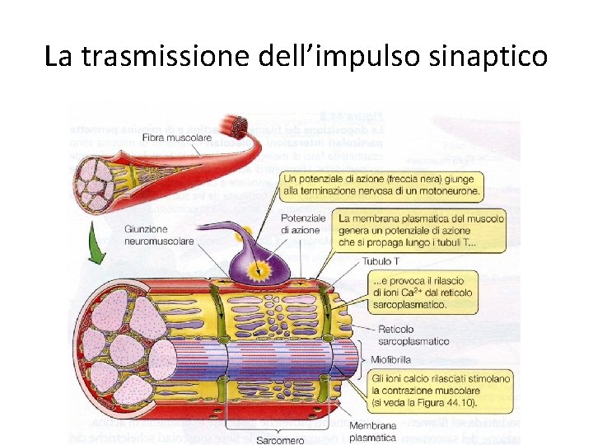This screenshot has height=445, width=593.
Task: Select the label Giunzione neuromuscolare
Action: pyautogui.click(x=159, y=235)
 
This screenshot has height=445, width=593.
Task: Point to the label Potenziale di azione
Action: pyautogui.click(x=303, y=224)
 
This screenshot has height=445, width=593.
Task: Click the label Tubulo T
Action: pyautogui.click(x=380, y=262)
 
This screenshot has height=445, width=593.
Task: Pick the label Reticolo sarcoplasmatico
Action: pyautogui.click(x=413, y=335)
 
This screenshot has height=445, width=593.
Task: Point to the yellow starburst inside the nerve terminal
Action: pyautogui.click(x=264, y=269)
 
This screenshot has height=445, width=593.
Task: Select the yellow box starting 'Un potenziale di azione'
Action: pyautogui.click(x=381, y=185)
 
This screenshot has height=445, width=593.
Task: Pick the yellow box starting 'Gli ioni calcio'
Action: pyautogui.click(x=441, y=391)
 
